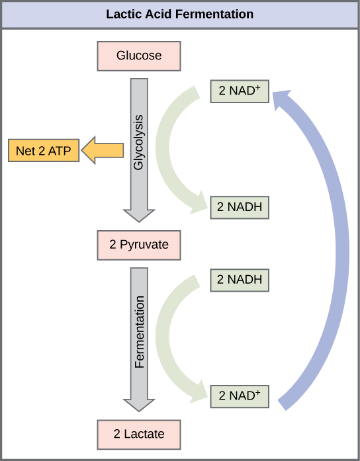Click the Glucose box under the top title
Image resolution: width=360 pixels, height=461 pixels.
(139, 56)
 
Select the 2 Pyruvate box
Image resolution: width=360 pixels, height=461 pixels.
(139, 245)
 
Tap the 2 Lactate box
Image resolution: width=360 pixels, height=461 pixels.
(139, 435)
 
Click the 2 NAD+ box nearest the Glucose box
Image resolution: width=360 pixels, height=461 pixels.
(239, 91)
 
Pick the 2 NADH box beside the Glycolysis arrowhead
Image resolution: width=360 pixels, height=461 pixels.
(239, 208)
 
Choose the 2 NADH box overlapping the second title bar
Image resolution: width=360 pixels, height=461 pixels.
(239, 280)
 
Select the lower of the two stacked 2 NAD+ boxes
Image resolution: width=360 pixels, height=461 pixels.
(239, 396)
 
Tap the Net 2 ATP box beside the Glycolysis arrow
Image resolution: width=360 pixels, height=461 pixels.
(44, 151)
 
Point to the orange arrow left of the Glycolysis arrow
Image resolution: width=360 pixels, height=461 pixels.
(103, 151)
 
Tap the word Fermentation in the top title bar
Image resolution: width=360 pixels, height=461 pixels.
(214, 15)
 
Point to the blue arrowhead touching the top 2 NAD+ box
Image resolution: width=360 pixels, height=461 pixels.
(283, 99)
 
